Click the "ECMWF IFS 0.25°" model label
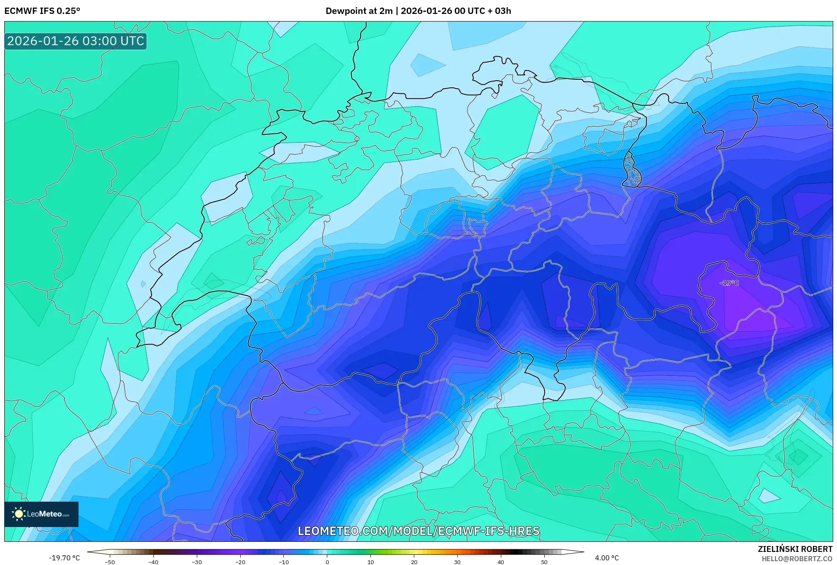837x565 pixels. [42, 11]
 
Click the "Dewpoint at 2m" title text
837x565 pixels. [359, 11]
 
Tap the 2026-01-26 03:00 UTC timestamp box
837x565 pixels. [76, 41]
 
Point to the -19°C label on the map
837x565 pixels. [729, 283]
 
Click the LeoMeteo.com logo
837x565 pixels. [41, 514]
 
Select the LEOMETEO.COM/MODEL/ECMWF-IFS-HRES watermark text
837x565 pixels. [418, 531]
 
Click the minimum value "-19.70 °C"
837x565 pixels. [64, 558]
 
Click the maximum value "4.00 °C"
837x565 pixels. [607, 558]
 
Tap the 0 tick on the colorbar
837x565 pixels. [327, 562]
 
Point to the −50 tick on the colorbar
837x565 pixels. [110, 562]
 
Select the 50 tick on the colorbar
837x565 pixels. [544, 562]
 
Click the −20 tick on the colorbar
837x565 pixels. [240, 562]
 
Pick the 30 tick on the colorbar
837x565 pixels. [457, 562]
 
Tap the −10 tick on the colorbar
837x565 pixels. [283, 562]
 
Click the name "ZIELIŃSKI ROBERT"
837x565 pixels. [795, 549]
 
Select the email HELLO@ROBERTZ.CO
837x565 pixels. [797, 559]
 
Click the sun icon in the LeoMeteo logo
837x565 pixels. [19, 514]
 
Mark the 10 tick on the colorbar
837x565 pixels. [370, 562]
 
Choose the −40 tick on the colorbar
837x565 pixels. [153, 562]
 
